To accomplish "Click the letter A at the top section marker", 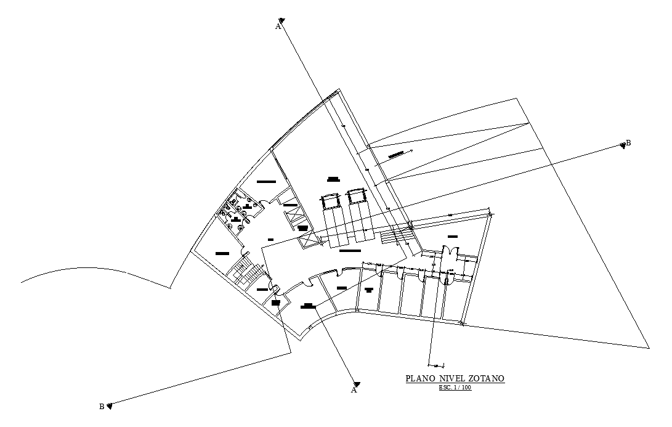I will click(x=278, y=26).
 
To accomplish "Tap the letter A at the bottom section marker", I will click(x=354, y=390).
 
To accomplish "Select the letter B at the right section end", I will click(x=628, y=143).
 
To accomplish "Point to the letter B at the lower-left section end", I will click(x=102, y=406).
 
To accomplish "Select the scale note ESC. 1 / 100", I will click(x=455, y=388).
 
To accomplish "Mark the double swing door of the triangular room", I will click(x=449, y=252).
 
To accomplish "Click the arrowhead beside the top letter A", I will click(x=281, y=20).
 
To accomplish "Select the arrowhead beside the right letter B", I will click(x=622, y=145).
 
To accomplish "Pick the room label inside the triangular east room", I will click(x=453, y=237).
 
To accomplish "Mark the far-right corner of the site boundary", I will click(x=649, y=348).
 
